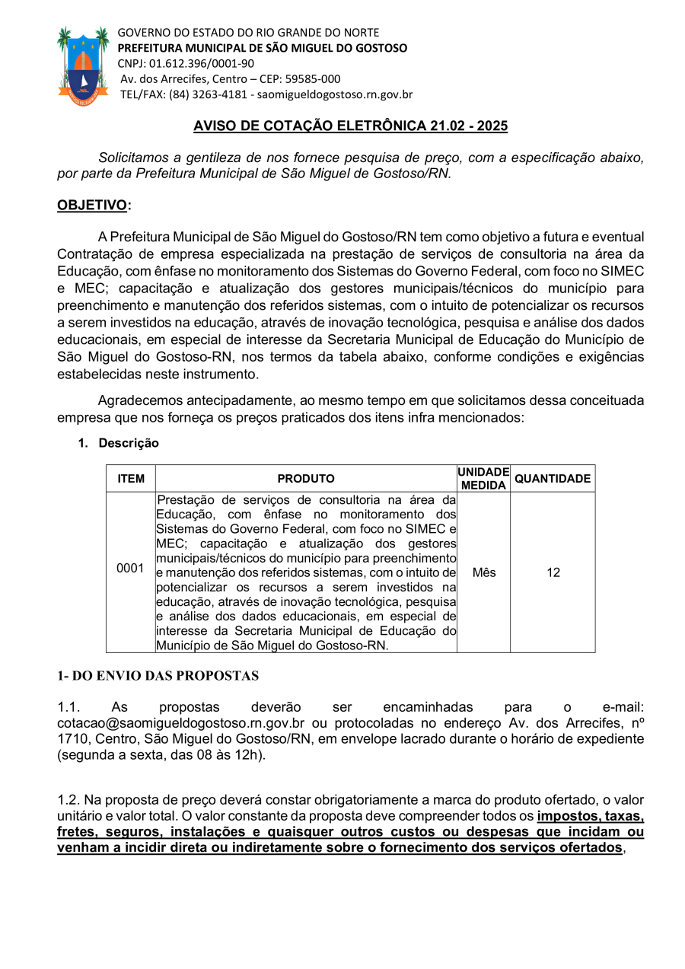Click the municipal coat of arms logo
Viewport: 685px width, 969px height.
click(x=83, y=65)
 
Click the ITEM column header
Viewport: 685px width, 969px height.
click(x=131, y=479)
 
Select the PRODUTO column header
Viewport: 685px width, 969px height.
click(x=305, y=479)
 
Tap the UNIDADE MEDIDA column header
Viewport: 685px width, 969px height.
click(x=483, y=479)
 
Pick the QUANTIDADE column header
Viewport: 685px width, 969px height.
click(x=553, y=479)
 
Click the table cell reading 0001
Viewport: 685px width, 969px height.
click(x=130, y=568)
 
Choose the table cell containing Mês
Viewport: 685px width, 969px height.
click(x=483, y=572)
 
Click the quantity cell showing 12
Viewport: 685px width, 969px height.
click(x=553, y=572)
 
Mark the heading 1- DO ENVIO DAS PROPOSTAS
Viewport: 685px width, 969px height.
click(x=158, y=676)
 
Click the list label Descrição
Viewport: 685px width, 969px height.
click(x=129, y=443)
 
